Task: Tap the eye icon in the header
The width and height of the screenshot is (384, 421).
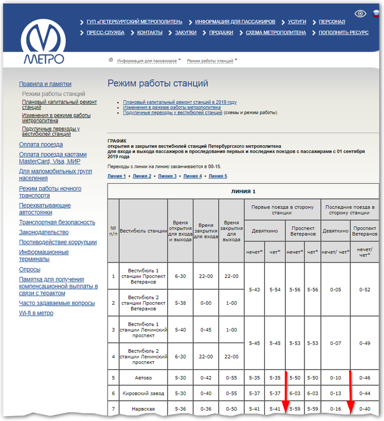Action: [x=360, y=14]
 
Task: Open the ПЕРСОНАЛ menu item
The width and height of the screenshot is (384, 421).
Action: [x=332, y=22]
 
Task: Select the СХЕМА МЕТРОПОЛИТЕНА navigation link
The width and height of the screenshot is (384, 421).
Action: [x=275, y=32]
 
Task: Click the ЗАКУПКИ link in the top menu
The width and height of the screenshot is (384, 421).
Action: [x=186, y=32]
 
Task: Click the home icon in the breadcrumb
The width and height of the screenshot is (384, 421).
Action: [x=111, y=60]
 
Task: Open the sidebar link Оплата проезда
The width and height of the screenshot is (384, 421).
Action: [x=41, y=145]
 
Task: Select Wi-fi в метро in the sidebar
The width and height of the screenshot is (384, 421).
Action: [x=36, y=313]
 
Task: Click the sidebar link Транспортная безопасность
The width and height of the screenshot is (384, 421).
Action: [x=57, y=223]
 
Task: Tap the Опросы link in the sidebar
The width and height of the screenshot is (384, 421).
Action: [x=30, y=270]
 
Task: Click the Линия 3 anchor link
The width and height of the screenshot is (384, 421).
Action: [x=167, y=176]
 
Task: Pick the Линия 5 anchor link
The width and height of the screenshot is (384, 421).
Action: [x=218, y=176]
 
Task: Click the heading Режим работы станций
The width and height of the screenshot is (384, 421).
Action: [x=157, y=84]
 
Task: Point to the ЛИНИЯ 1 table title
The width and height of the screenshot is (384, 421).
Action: [x=243, y=191]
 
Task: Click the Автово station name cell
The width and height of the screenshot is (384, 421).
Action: [x=143, y=378]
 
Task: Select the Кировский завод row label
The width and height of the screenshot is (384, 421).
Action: [x=143, y=394]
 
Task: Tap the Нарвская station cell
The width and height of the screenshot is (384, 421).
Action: [x=143, y=409]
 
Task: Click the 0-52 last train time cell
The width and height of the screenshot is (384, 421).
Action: [x=364, y=289]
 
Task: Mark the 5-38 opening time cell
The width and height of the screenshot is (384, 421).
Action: [x=180, y=303]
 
